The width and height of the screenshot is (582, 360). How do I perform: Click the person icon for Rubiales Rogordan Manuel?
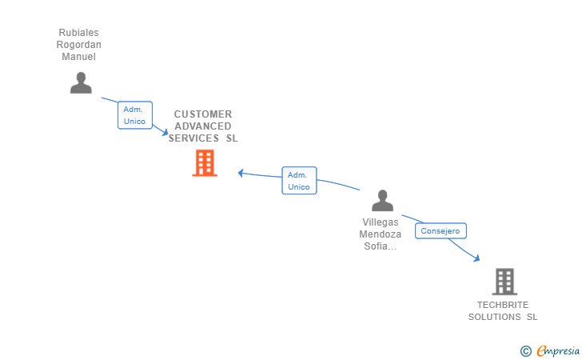[81, 82]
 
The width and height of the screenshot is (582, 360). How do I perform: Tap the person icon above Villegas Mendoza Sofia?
[382, 201]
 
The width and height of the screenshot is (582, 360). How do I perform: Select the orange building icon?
[205, 163]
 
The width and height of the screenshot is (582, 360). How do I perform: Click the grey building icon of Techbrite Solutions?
[504, 282]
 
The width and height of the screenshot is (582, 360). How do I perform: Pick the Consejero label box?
[440, 230]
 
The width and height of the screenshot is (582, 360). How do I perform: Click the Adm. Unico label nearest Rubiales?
[134, 115]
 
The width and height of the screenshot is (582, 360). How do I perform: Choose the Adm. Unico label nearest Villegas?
[299, 181]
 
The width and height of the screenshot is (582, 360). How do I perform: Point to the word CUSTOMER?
[203, 114]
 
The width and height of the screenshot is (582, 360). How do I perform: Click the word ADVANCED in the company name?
[203, 126]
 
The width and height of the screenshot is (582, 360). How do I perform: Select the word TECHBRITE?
[503, 305]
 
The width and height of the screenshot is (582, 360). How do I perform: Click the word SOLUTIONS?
[495, 317]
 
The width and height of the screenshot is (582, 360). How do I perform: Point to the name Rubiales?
[78, 33]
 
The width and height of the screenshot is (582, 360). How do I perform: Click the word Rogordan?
[78, 45]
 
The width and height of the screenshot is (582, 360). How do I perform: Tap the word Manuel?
[78, 57]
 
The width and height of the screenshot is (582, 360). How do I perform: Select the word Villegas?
[381, 222]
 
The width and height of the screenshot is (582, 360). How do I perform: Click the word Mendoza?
[381, 234]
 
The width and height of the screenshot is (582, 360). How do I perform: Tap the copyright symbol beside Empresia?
[526, 350]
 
